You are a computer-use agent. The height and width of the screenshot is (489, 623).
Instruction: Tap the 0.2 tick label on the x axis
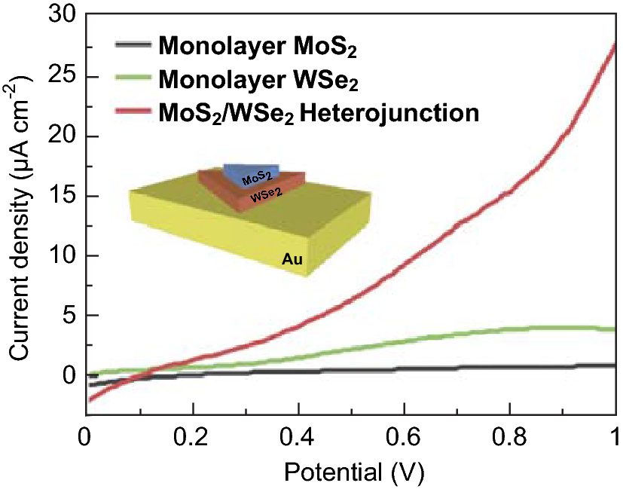[x=193, y=436]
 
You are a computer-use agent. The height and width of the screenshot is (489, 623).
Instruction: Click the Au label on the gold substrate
[x=292, y=260]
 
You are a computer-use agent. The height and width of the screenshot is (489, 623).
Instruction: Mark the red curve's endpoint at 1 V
[x=614, y=45]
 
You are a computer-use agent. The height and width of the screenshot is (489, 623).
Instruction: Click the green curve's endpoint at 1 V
[x=614, y=329]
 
